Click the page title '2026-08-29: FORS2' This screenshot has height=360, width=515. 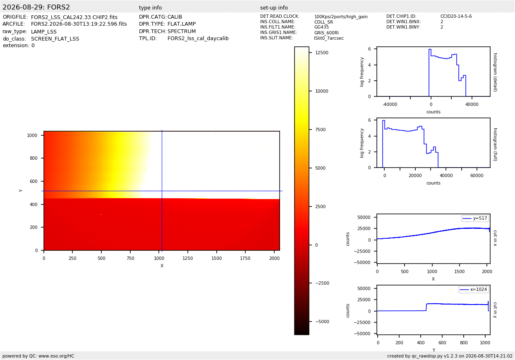36,7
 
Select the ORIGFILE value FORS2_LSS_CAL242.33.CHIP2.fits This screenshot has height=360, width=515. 74,17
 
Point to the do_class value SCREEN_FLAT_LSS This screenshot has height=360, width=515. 55,38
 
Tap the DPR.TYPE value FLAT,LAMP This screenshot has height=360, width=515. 182,24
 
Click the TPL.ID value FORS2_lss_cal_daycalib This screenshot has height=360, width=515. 198,38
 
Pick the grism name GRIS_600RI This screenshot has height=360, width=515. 326,33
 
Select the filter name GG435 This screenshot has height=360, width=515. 321,27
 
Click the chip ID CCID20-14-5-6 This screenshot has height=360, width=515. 456,16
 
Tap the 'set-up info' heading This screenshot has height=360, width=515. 274,7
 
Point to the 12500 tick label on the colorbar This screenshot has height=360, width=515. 322,53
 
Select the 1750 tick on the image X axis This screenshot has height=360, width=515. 245,258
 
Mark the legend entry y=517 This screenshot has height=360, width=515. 475,218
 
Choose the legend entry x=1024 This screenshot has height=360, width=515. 473,289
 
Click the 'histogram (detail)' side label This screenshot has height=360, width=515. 496,72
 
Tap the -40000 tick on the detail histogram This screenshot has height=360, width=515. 390,104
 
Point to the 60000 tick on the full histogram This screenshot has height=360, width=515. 477,175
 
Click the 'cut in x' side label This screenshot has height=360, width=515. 495,238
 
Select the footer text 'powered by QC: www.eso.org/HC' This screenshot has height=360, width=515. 38,356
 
